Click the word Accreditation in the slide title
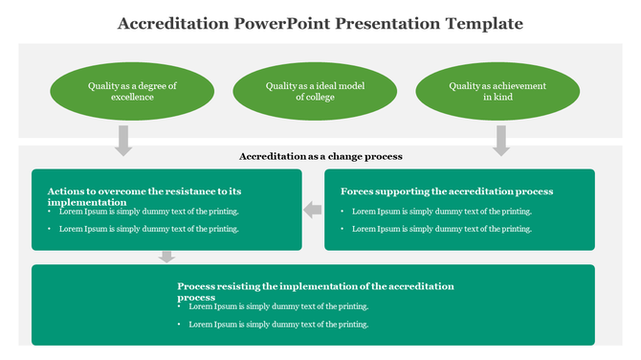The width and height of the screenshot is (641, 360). pos(172,23)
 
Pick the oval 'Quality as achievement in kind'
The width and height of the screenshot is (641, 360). pos(497,92)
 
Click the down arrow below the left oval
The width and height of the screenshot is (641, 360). pos(123,140)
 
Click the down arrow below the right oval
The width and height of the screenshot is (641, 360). pos(501,140)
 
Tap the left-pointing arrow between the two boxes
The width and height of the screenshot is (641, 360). pos(313,210)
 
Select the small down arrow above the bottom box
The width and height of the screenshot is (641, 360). pos(167,257)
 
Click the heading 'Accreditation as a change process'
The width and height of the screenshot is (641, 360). pos(320,156)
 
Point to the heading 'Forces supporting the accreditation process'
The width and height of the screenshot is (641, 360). pos(447,191)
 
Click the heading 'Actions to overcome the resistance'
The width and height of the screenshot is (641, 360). pos(144,196)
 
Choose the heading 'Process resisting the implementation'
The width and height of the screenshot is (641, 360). pos(315,291)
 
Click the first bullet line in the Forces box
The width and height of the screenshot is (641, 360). pos(441,212)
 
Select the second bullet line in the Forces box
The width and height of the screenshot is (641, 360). pos(441,229)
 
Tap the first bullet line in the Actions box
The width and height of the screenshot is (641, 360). pos(148,212)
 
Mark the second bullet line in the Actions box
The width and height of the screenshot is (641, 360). pos(148,229)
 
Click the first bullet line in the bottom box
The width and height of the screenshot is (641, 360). pos(278,306)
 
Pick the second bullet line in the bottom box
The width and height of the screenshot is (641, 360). pos(278,325)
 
